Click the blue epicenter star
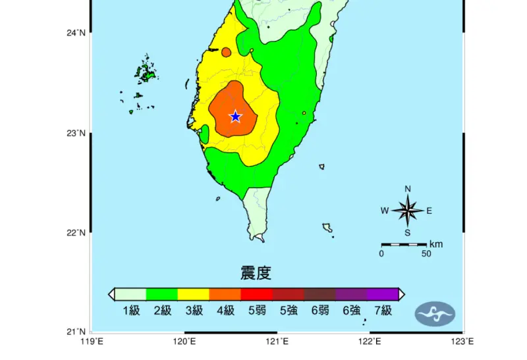[x=235, y=116]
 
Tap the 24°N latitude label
[x=76, y=33]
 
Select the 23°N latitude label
[x=76, y=133]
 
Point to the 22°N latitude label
[x=76, y=232]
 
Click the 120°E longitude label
[x=184, y=342]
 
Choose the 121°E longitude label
[x=277, y=342]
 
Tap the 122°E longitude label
[x=370, y=342]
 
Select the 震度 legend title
[x=256, y=272]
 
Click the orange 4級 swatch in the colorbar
[x=225, y=294]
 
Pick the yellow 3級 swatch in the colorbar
[x=193, y=294]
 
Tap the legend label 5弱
[x=256, y=311]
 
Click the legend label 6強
[x=351, y=311]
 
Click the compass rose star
[x=408, y=211]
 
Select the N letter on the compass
[x=408, y=190]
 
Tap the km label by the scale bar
[x=436, y=244]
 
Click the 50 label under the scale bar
[x=426, y=254]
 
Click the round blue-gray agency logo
[x=435, y=313]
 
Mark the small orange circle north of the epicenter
[x=226, y=52]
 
